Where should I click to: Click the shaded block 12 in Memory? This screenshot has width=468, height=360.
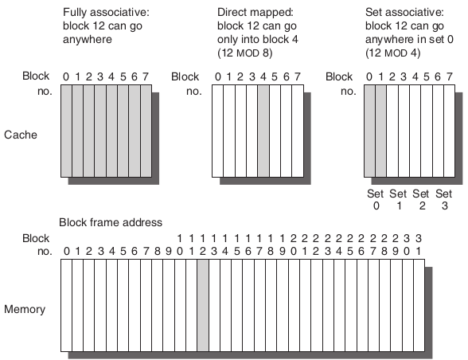203,305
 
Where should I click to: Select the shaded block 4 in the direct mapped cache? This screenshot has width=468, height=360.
263,131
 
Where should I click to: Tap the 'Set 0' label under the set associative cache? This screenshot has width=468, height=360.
376,200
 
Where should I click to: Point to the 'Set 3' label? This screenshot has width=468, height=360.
444,200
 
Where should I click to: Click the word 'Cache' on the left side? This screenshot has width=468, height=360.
21,135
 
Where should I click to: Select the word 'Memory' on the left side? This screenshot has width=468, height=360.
25,309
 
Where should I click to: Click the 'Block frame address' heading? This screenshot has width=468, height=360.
111,222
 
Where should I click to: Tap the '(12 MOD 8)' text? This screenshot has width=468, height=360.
245,53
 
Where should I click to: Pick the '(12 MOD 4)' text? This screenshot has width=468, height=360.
393,53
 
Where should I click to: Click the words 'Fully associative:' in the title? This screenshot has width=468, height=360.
106,12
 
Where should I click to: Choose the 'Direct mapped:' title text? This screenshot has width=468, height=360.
255,12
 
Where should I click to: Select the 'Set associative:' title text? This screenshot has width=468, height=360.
404,12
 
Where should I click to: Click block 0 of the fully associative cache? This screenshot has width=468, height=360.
66,131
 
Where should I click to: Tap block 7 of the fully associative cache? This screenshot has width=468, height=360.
146,131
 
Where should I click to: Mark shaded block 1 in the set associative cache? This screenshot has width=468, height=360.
380,131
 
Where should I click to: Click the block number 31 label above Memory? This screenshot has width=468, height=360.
419,245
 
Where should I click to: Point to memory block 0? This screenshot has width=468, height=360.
66,305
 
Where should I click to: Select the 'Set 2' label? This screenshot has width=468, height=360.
421,200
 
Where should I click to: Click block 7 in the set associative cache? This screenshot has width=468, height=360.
449,131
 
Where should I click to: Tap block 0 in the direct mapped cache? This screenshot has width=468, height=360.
217,131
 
